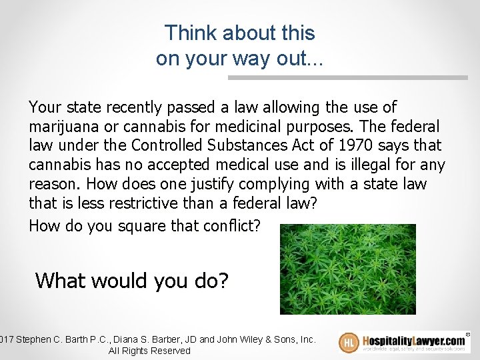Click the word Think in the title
(x=188, y=33)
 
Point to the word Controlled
(x=169, y=145)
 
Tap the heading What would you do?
(x=131, y=281)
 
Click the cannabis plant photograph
(x=347, y=269)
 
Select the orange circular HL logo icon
(x=349, y=343)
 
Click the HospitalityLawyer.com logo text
(x=413, y=339)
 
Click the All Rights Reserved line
(x=149, y=351)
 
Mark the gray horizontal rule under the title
(x=347, y=77)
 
